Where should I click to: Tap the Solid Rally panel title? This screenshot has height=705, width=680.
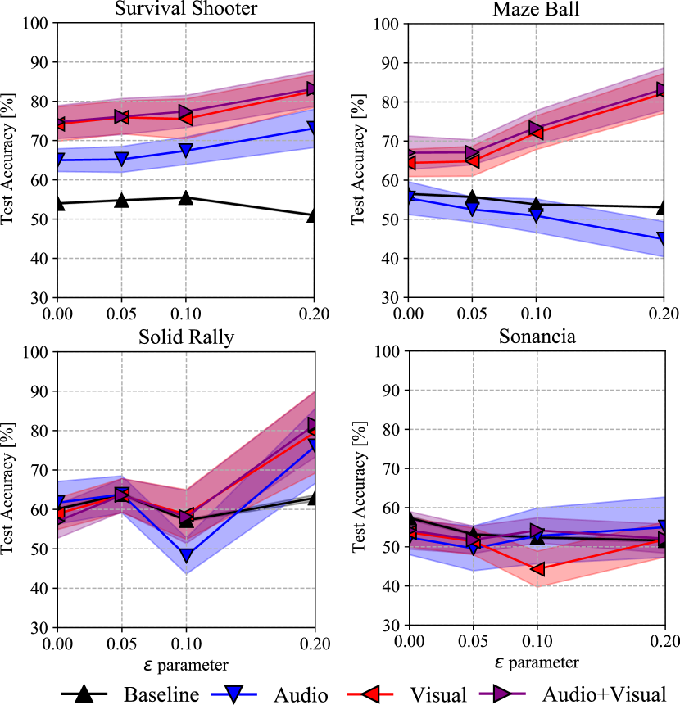point(187,337)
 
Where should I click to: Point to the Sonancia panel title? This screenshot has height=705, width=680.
point(535,337)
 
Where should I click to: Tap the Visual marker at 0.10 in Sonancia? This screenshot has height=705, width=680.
point(535,568)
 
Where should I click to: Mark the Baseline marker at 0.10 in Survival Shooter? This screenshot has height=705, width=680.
point(186,197)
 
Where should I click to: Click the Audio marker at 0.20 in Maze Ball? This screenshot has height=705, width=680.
point(663,239)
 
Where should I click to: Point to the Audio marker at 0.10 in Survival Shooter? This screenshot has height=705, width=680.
point(186,151)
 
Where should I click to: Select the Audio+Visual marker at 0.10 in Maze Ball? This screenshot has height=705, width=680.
point(535,129)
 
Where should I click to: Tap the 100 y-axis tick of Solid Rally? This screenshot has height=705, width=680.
point(39,352)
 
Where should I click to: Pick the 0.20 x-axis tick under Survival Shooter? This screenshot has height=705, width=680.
point(313,312)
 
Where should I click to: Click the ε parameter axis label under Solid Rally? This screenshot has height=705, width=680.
point(187,662)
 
